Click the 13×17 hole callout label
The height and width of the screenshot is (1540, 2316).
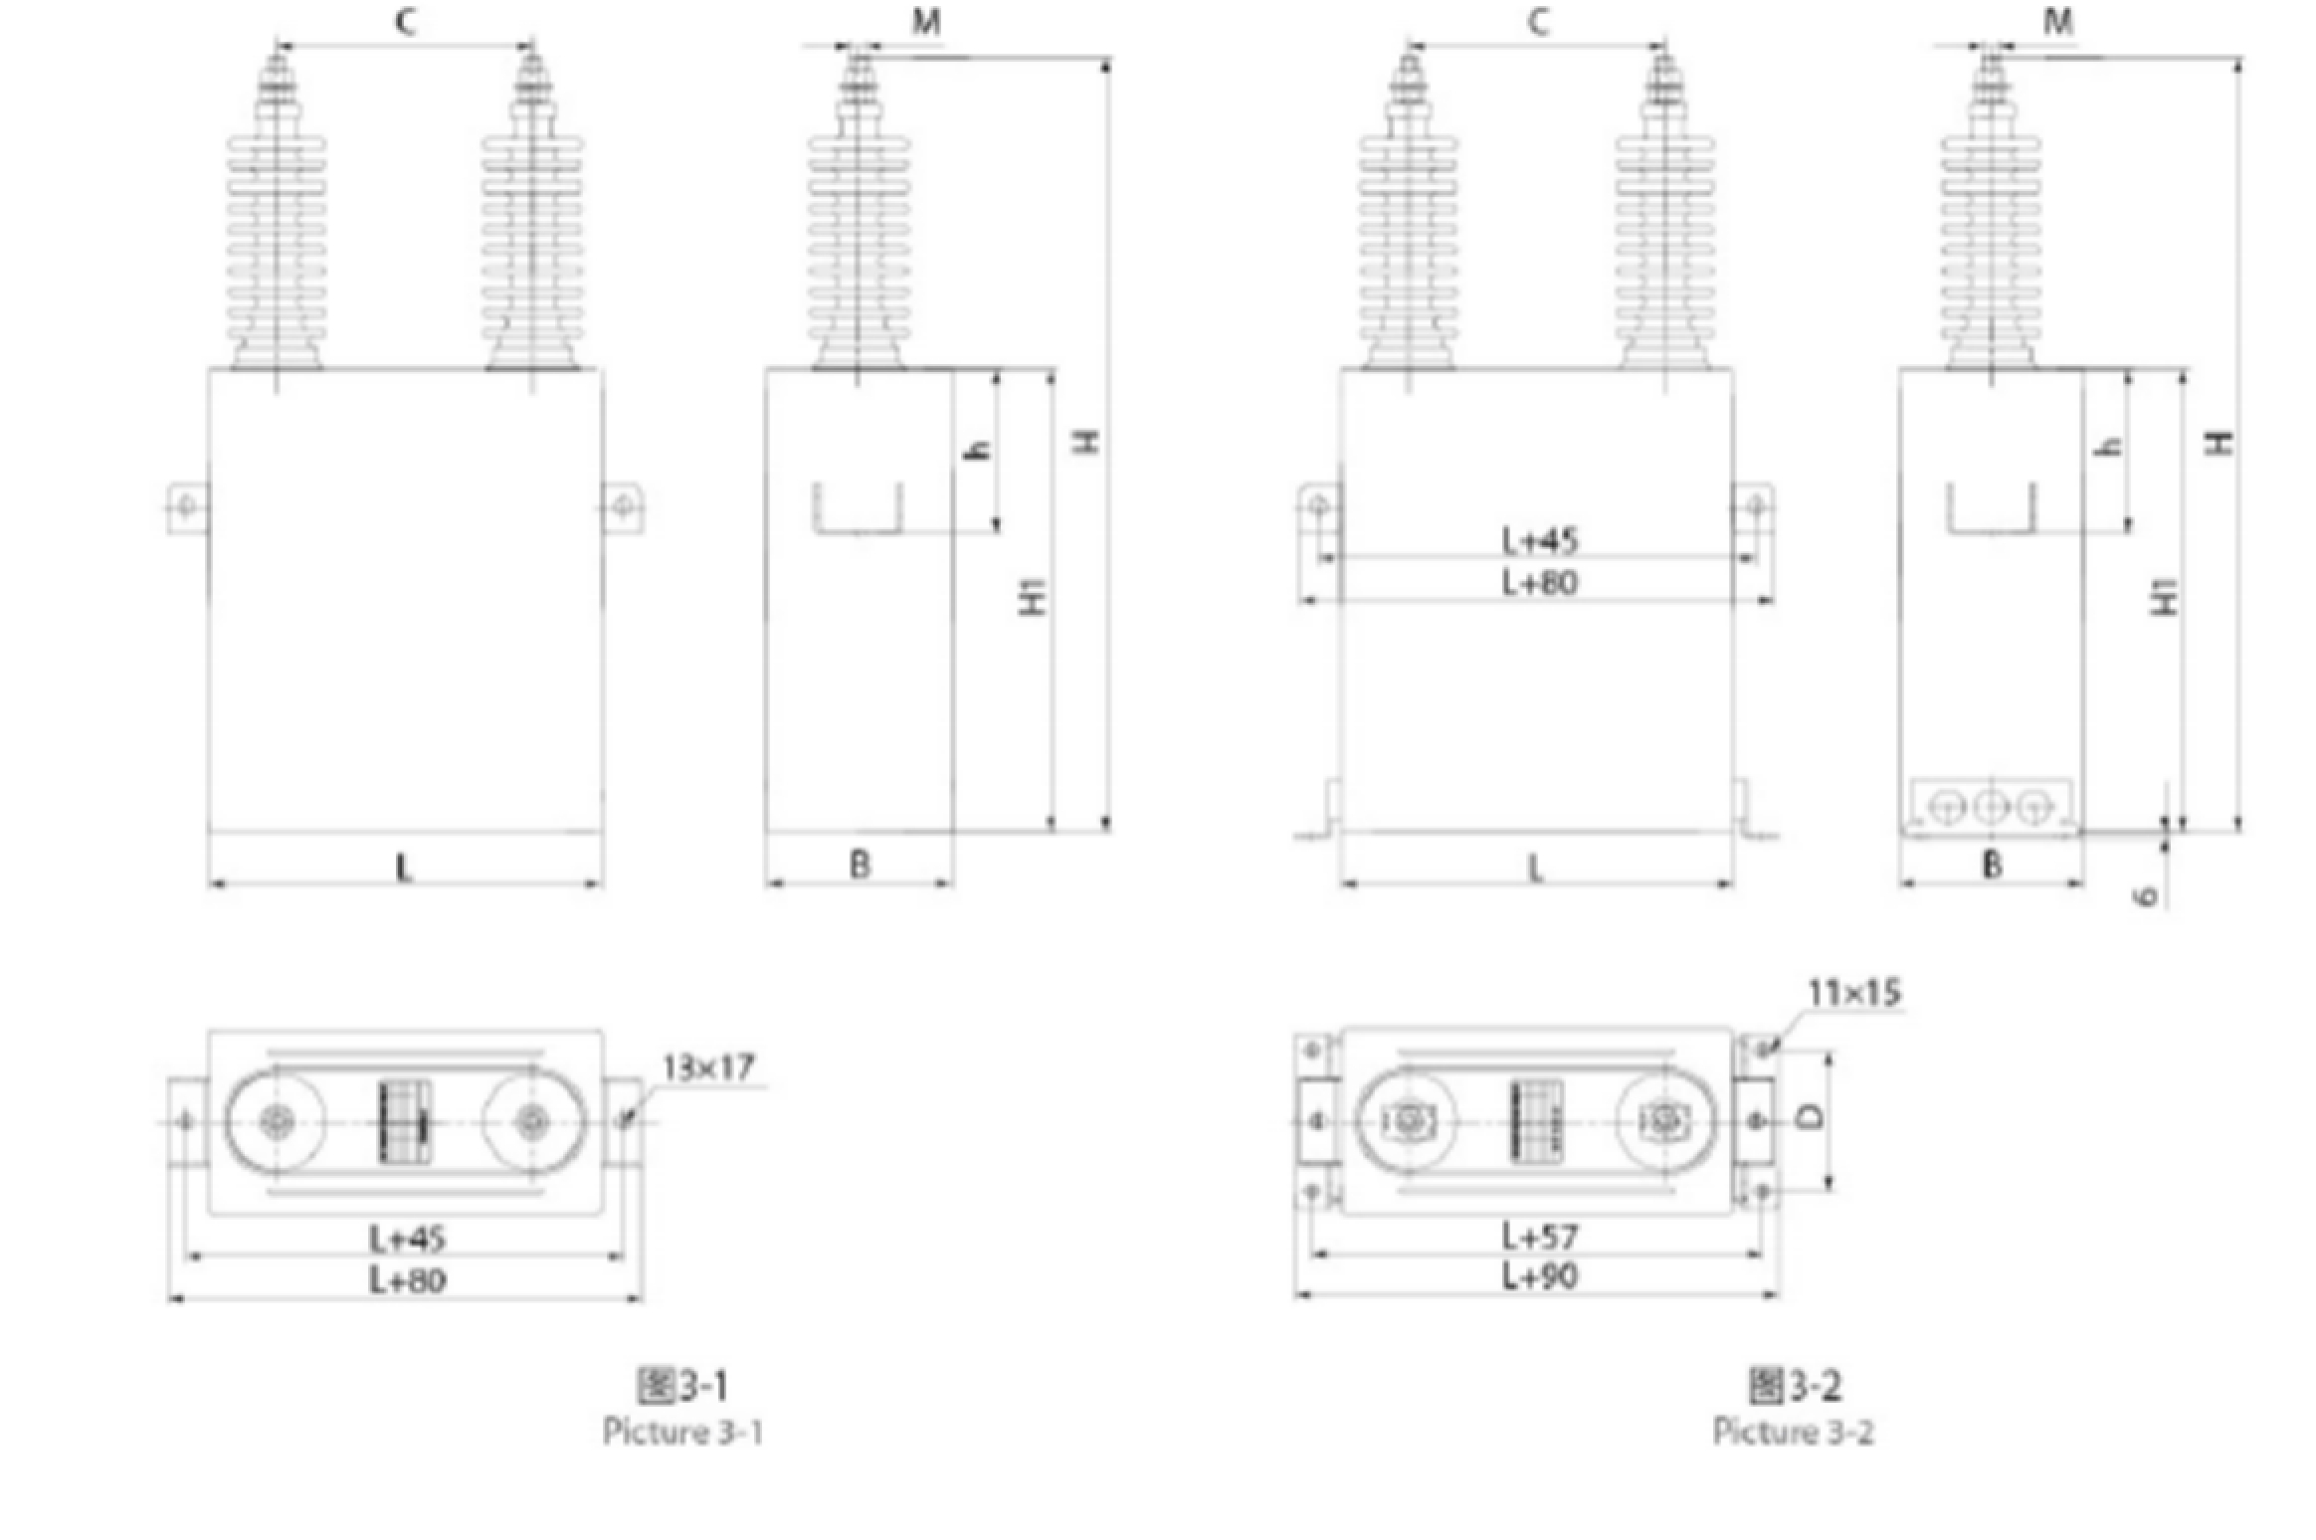coord(708,1067)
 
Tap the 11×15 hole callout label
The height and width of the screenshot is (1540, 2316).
coord(1853,992)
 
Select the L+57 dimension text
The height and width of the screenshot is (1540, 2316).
coord(1539,1237)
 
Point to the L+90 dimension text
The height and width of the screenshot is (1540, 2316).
coord(1539,1275)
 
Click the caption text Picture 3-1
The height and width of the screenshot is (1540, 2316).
coord(683,1432)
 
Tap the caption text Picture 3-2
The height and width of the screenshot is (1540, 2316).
coord(1793,1432)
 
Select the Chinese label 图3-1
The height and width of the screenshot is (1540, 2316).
coord(682,1384)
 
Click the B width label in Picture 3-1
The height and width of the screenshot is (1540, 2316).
coord(861,865)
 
